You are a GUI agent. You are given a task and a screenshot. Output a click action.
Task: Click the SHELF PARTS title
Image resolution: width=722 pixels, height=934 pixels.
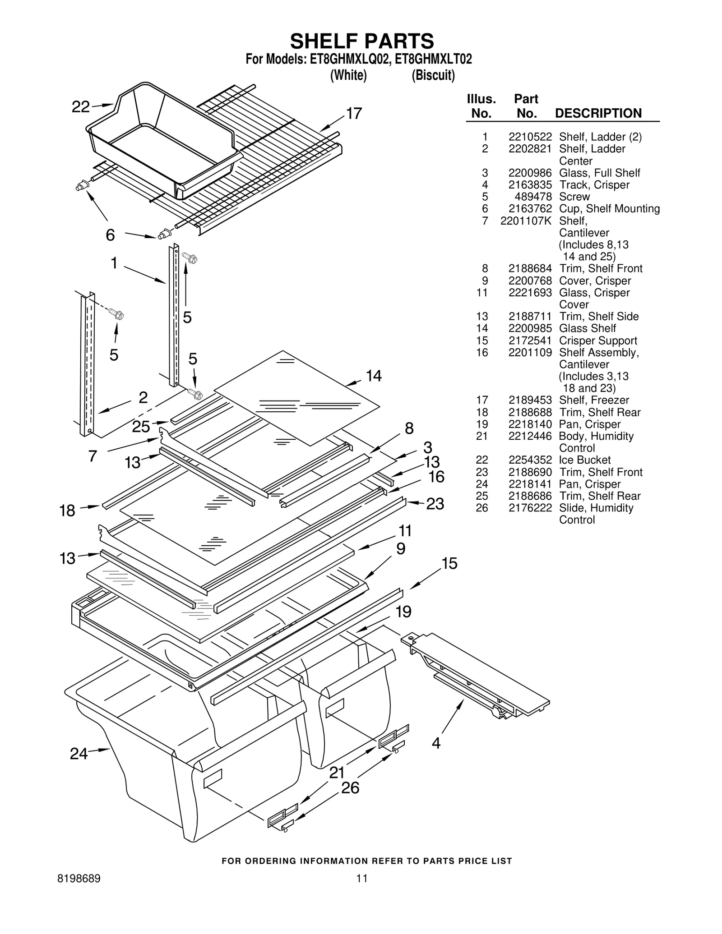tap(361, 41)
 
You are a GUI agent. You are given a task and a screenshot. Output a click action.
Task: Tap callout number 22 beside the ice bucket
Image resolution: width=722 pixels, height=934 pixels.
tap(81, 107)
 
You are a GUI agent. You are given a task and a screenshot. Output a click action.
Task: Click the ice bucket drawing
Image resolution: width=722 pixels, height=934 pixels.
tap(162, 140)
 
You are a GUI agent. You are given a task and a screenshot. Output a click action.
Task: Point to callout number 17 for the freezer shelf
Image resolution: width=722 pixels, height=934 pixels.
tap(354, 113)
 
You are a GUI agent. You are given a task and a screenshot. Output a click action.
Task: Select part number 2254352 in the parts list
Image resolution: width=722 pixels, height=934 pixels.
tap(530, 460)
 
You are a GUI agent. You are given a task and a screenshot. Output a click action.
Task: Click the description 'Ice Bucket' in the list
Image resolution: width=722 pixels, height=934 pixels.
tap(584, 460)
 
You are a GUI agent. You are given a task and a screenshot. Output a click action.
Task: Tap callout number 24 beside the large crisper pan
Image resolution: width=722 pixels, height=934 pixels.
tap(79, 753)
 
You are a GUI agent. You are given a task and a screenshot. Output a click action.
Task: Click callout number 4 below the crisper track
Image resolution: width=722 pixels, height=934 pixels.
tap(436, 742)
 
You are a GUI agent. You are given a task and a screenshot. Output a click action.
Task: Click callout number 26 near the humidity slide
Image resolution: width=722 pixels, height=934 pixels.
tap(350, 787)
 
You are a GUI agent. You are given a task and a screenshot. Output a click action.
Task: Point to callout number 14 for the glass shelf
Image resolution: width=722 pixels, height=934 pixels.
tap(374, 376)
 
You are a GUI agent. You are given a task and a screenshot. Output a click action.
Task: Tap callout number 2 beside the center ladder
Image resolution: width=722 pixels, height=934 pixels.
tap(143, 397)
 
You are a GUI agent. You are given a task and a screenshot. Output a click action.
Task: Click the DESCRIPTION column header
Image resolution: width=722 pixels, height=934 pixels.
tap(598, 113)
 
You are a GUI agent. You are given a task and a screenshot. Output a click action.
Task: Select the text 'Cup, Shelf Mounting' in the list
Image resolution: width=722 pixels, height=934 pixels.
tap(609, 209)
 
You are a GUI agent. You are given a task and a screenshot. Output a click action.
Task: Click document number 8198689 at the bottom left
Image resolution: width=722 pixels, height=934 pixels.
tap(79, 879)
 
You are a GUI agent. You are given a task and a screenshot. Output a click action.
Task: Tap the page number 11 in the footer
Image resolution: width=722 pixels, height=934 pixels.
tap(361, 879)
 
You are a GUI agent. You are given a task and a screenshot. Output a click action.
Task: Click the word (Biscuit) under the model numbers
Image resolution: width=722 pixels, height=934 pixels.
tap(433, 75)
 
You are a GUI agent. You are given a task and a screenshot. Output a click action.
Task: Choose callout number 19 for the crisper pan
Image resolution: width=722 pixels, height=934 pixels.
tap(403, 612)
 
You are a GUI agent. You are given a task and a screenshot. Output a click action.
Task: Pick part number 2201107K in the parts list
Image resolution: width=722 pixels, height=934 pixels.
tap(526, 221)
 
